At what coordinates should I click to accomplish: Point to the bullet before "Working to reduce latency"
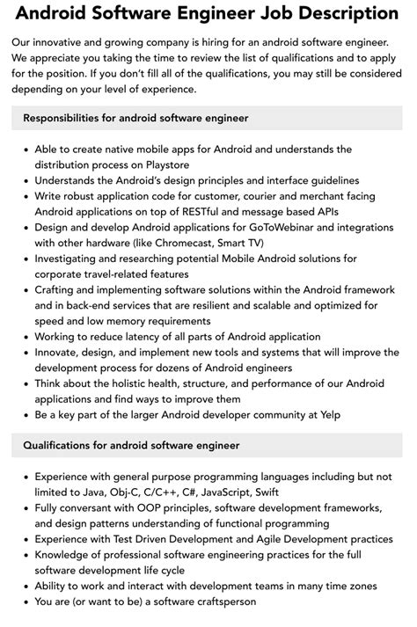coord(26,338)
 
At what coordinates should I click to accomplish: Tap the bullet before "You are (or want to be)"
coord(26,601)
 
